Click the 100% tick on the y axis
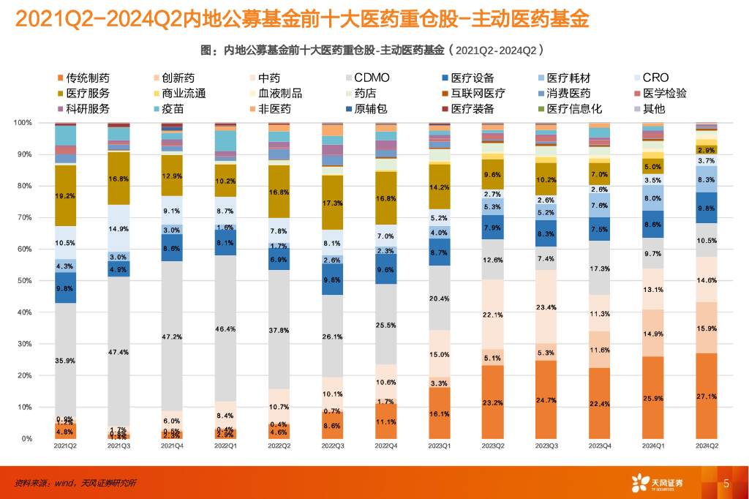coord(23,123)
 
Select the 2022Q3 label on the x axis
coord(332,446)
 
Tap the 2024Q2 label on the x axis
coord(706,446)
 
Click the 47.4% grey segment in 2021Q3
coord(118,351)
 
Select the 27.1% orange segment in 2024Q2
coord(706,395)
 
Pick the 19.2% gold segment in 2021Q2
coord(65,196)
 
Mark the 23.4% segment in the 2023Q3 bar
coord(546,307)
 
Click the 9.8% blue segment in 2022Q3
coord(332,279)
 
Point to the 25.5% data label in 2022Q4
coord(385,324)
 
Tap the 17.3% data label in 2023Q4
coord(599,270)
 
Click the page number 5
coord(726,483)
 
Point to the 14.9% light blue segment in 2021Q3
coord(118,228)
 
